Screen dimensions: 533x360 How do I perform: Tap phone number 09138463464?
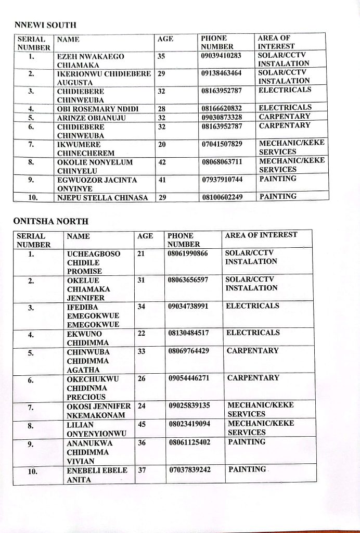(x=222, y=73)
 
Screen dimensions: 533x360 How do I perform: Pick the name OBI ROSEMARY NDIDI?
(x=96, y=108)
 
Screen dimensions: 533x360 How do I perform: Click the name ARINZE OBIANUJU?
(x=87, y=117)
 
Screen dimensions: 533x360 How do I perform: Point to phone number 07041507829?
(x=222, y=144)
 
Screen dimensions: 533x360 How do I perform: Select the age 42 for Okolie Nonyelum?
(x=162, y=162)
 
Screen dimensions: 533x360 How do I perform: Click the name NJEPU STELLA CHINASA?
(x=102, y=197)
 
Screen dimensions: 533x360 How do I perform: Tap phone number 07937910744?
(x=222, y=180)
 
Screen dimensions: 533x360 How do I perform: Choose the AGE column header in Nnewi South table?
(x=165, y=39)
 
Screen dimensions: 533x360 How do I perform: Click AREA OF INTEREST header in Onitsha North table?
(x=261, y=235)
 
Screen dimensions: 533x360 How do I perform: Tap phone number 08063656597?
(x=188, y=280)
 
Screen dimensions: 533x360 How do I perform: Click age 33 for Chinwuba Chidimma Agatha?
(x=141, y=351)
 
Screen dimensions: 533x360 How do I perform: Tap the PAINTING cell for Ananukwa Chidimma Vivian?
(x=247, y=442)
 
